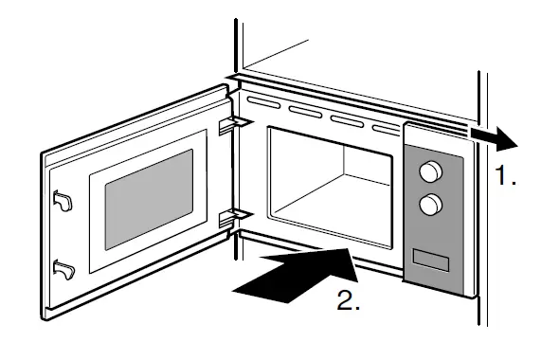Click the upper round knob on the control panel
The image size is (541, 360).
(x=431, y=171)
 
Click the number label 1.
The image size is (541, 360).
(x=506, y=177)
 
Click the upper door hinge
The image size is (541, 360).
(x=229, y=124)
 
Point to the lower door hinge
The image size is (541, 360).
(x=229, y=218)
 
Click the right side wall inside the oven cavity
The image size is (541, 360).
(x=376, y=189)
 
